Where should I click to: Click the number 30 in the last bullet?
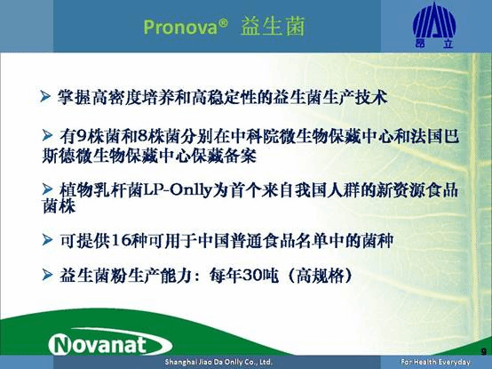tap(271, 278)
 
